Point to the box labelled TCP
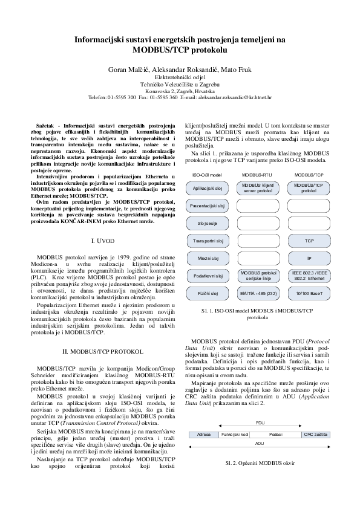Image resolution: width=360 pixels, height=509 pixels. click(309, 241)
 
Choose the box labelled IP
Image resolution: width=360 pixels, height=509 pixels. click(309, 259)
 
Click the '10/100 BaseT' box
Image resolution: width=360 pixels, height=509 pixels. click(309, 293)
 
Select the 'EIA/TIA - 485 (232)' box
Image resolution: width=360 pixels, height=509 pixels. click(258, 293)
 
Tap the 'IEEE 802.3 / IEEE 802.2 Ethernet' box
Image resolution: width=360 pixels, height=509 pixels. click(309, 276)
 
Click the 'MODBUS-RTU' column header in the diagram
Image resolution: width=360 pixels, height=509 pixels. click(258, 175)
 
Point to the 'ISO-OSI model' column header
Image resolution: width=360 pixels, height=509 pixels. click(208, 175)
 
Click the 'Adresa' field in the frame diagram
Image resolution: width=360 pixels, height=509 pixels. click(204, 434)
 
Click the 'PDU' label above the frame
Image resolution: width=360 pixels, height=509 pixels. click(260, 423)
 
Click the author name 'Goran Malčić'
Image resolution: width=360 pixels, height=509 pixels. click(125, 70)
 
